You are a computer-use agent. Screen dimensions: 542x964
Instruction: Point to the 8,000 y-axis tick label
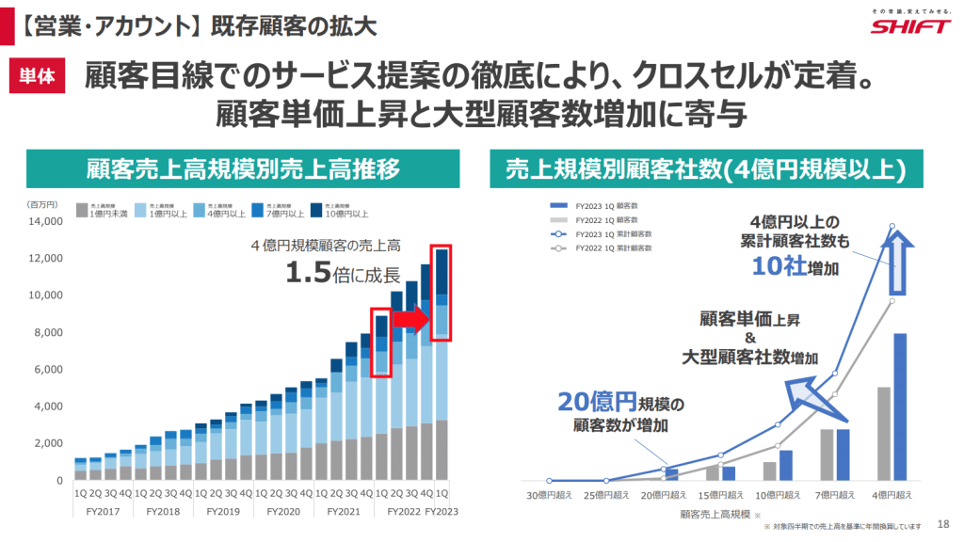click(x=46, y=332)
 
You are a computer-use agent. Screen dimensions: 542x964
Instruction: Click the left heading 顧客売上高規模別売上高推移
click(x=245, y=168)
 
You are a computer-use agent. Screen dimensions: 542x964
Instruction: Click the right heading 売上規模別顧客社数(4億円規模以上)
click(x=706, y=168)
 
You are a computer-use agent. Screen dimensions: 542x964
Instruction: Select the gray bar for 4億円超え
click(x=883, y=434)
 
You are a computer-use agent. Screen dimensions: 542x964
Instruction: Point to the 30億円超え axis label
click(x=550, y=495)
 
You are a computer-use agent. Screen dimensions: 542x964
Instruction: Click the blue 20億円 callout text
click(x=597, y=402)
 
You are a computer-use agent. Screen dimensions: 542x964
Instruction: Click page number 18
click(x=943, y=524)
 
